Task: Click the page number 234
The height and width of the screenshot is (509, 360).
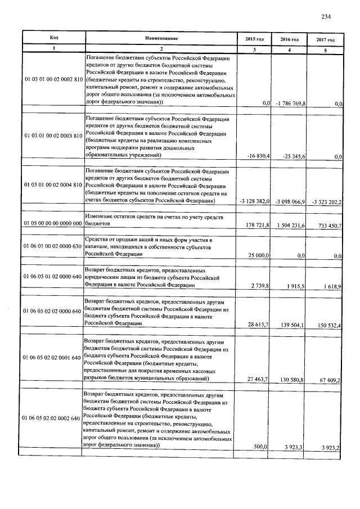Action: pyautogui.click(x=326, y=16)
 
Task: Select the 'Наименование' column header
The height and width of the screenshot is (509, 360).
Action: pyautogui.click(x=161, y=38)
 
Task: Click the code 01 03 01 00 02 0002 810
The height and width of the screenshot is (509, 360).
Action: pyautogui.click(x=53, y=80)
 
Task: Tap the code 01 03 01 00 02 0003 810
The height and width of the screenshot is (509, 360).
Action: pyautogui.click(x=53, y=136)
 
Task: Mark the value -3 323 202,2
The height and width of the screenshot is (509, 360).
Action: pyautogui.click(x=324, y=201)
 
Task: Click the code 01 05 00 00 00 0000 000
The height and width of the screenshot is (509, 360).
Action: pyautogui.click(x=53, y=223)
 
